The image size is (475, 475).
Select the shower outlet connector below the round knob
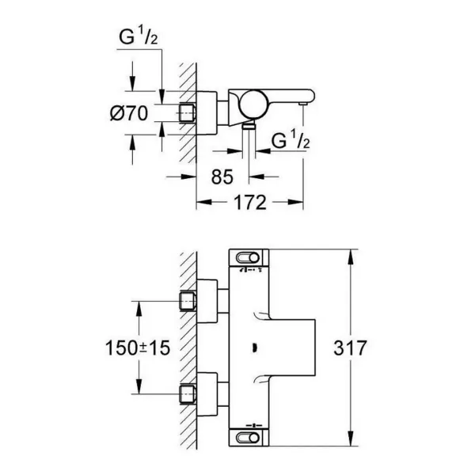(251, 125)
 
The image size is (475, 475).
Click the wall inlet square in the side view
(188, 113)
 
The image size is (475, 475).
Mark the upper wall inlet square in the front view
(188, 300)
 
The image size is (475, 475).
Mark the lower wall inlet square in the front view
(188, 391)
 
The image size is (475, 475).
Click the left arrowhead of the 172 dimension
(201, 203)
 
